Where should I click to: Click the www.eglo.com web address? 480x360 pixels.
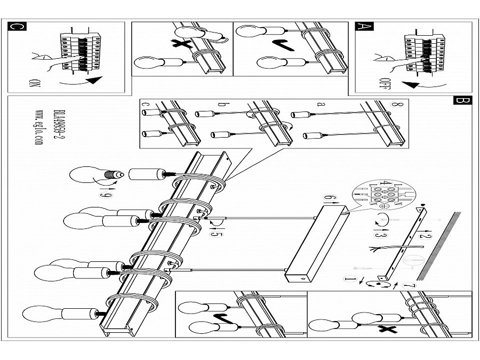[x=39, y=129]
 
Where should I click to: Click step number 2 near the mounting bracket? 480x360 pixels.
[x=425, y=235]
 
